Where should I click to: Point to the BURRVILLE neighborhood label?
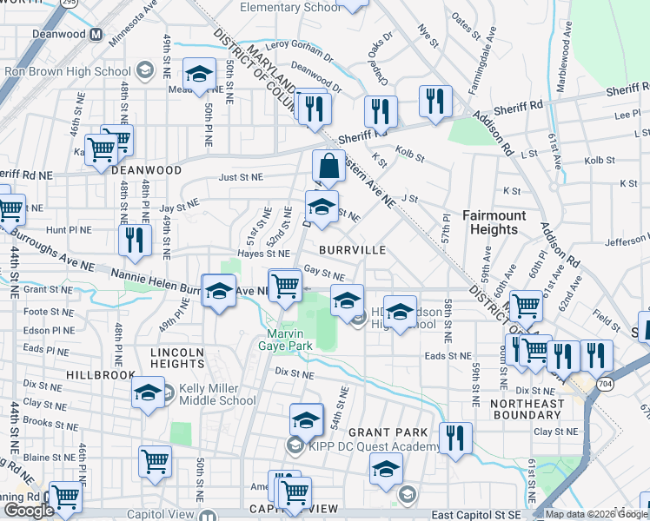point(352,249)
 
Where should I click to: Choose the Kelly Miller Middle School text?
point(217,394)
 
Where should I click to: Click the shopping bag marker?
point(328,166)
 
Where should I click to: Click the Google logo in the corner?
point(28,511)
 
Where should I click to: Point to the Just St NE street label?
point(241,176)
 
